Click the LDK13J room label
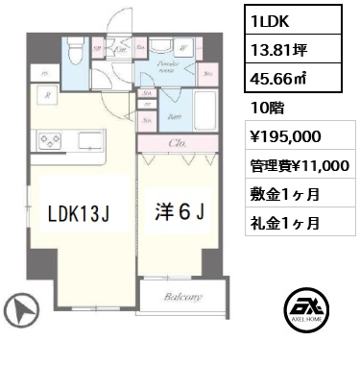82,210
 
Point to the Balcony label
180,298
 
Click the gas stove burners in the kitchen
48,142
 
